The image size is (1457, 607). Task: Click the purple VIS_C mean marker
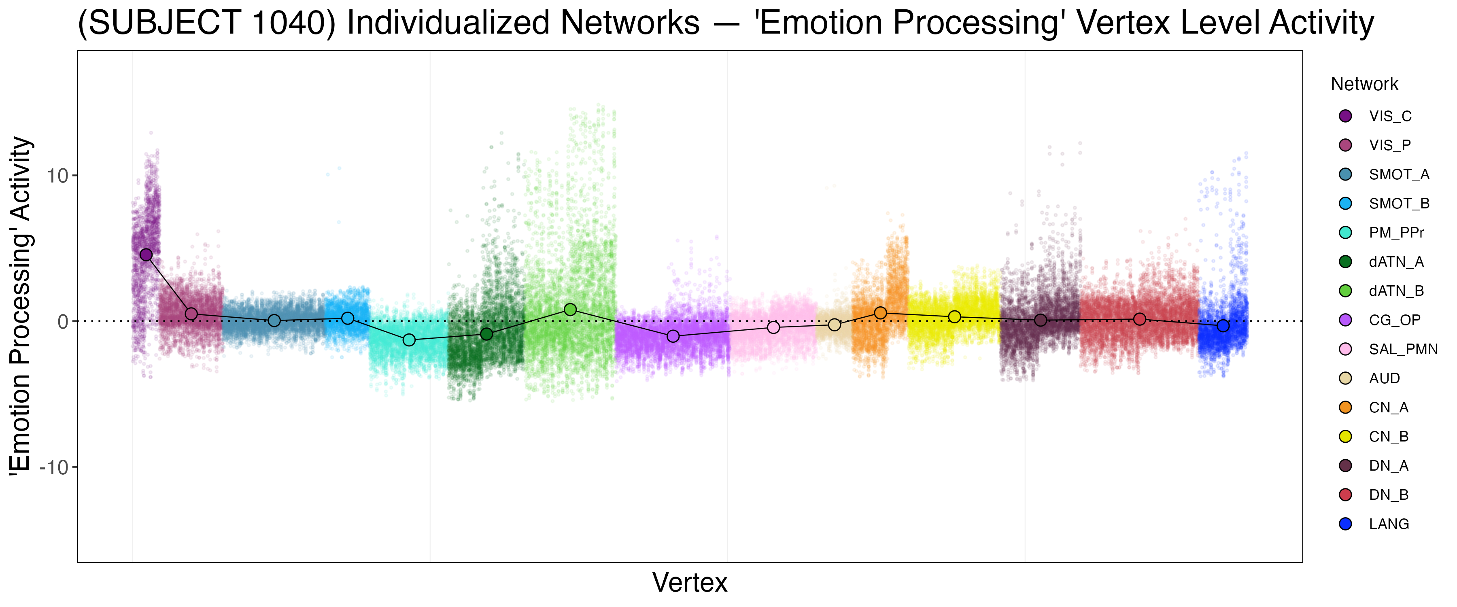click(x=146, y=255)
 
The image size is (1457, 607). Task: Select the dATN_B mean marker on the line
click(x=570, y=310)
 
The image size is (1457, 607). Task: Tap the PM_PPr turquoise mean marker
click(x=409, y=340)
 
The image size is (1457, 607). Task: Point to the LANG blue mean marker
click(x=1223, y=326)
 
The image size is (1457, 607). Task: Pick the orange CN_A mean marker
click(x=880, y=313)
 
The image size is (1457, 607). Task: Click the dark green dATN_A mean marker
click(x=486, y=334)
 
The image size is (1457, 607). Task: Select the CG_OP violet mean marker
click(x=673, y=336)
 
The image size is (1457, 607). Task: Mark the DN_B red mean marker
click(x=1140, y=320)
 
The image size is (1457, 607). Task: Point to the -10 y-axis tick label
click(x=54, y=468)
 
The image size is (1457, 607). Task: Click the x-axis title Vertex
click(x=690, y=583)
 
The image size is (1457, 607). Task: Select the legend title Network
click(x=1364, y=84)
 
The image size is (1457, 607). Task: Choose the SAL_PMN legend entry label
click(x=1403, y=350)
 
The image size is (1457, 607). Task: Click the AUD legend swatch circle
click(x=1346, y=378)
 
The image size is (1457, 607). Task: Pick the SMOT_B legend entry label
click(x=1399, y=204)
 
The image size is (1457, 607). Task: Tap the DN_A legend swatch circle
click(x=1346, y=466)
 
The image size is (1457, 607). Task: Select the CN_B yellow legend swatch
click(x=1346, y=437)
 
